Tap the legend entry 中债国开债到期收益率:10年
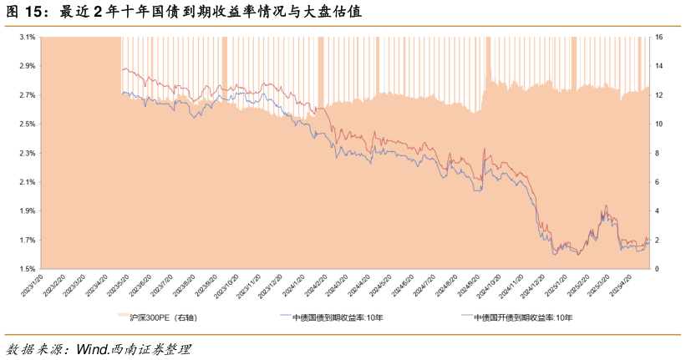click(523, 317)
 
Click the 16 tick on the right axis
click(659, 38)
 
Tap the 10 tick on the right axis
click(659, 124)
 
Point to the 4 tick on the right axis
click(658, 211)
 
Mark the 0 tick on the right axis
click(658, 269)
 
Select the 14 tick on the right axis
click(659, 67)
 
